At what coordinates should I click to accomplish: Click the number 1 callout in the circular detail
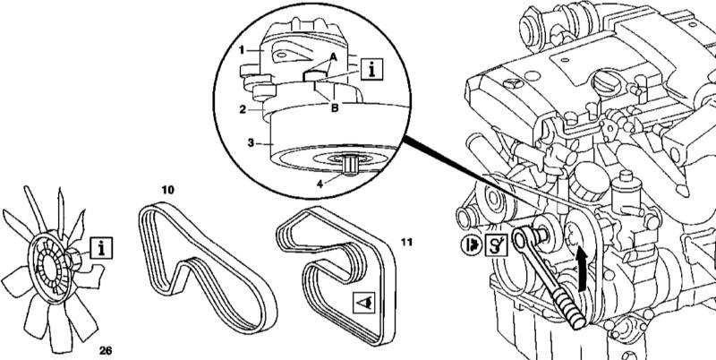coord(242,49)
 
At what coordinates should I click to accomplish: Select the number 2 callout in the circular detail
coord(243,109)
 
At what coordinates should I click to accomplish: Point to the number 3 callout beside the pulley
coord(251,143)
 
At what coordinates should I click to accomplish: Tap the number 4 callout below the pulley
coord(320,184)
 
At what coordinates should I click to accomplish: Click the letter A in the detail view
coord(333,57)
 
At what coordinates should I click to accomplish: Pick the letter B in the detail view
coord(334,108)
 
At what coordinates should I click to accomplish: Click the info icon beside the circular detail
coord(371,70)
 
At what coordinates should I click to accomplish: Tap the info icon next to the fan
coord(101,248)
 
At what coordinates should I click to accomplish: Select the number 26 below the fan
coord(106,350)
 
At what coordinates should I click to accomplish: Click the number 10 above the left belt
coord(167,190)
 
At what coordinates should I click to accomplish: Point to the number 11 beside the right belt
coord(406,242)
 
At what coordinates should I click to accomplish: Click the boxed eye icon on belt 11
coord(364,303)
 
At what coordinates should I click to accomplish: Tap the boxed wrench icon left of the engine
coord(496,244)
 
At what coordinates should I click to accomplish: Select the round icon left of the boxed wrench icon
coord(472,244)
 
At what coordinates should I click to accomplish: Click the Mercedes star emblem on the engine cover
coord(510,84)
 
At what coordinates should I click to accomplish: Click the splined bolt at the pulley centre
coord(350,166)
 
